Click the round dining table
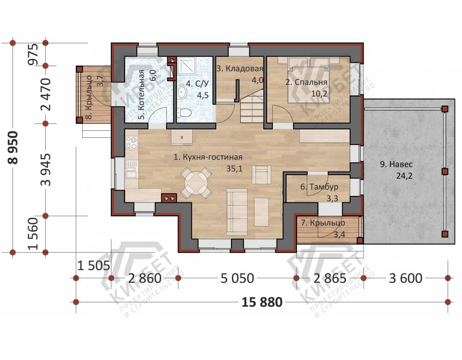click(x=196, y=183)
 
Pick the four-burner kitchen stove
click(x=132, y=143)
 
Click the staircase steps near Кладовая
click(x=252, y=111)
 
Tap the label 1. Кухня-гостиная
click(x=208, y=157)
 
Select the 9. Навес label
click(x=396, y=164)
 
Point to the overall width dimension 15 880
click(x=262, y=302)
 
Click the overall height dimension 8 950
click(x=13, y=147)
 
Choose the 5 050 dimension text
click(x=237, y=278)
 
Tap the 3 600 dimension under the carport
click(x=406, y=278)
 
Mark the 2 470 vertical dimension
click(x=46, y=94)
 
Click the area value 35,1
click(x=234, y=169)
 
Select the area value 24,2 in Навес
click(x=404, y=176)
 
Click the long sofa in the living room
click(x=237, y=212)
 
